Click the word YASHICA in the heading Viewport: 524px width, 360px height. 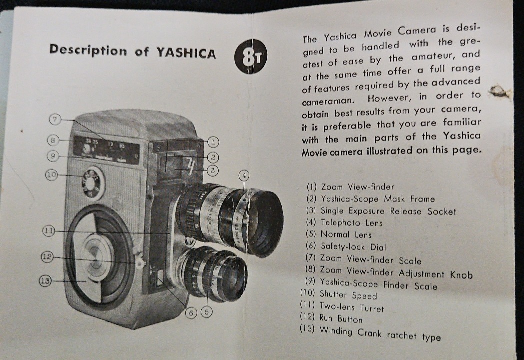click(186, 53)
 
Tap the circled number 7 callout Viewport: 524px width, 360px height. click(55, 119)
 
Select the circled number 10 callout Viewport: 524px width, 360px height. click(52, 175)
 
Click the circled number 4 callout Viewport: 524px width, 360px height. click(244, 175)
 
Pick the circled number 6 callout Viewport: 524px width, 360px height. click(191, 313)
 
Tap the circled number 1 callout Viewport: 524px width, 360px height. click(213, 142)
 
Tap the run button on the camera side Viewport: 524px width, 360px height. click(139, 262)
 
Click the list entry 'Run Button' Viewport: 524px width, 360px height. click(331, 318)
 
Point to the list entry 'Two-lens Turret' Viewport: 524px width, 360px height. click(342, 306)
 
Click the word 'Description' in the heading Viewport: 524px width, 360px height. click(88, 50)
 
